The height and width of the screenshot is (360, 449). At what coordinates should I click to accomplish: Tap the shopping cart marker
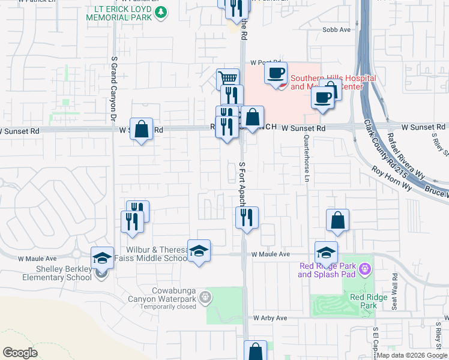coord(228,78)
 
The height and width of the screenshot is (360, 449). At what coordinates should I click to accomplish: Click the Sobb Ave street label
coord(336,29)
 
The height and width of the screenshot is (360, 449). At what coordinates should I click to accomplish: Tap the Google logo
coord(20,353)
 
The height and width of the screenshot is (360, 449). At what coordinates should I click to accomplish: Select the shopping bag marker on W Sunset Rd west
coord(141,128)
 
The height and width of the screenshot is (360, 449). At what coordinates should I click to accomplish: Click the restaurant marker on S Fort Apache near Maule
coord(246,217)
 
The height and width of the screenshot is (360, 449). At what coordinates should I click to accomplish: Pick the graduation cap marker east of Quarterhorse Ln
coord(326,251)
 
